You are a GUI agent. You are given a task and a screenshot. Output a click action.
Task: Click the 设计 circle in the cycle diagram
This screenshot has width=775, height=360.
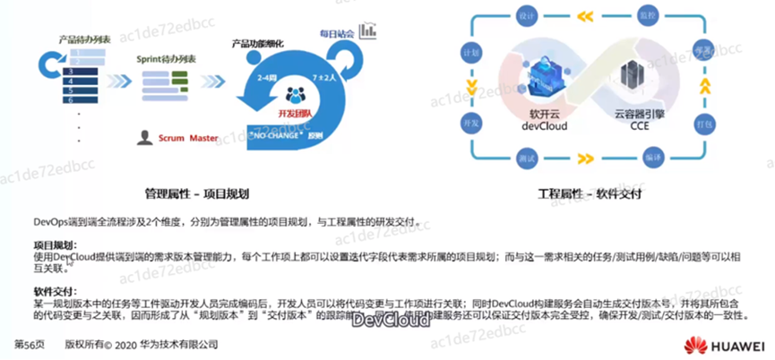pyautogui.click(x=527, y=16)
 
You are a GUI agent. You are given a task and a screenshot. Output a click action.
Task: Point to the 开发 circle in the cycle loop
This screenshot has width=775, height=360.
pyautogui.click(x=465, y=120)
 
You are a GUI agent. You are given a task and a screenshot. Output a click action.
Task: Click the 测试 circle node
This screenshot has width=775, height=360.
pyautogui.click(x=527, y=156)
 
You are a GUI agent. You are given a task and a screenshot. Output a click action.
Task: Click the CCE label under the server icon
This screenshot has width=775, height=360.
pyautogui.click(x=636, y=127)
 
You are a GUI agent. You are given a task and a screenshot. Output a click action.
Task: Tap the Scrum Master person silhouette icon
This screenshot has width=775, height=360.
pyautogui.click(x=143, y=137)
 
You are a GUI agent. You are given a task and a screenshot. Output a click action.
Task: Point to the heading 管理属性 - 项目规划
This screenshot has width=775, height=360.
pyautogui.click(x=196, y=193)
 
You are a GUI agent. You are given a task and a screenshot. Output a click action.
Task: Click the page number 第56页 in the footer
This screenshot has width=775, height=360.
pyautogui.click(x=30, y=344)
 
